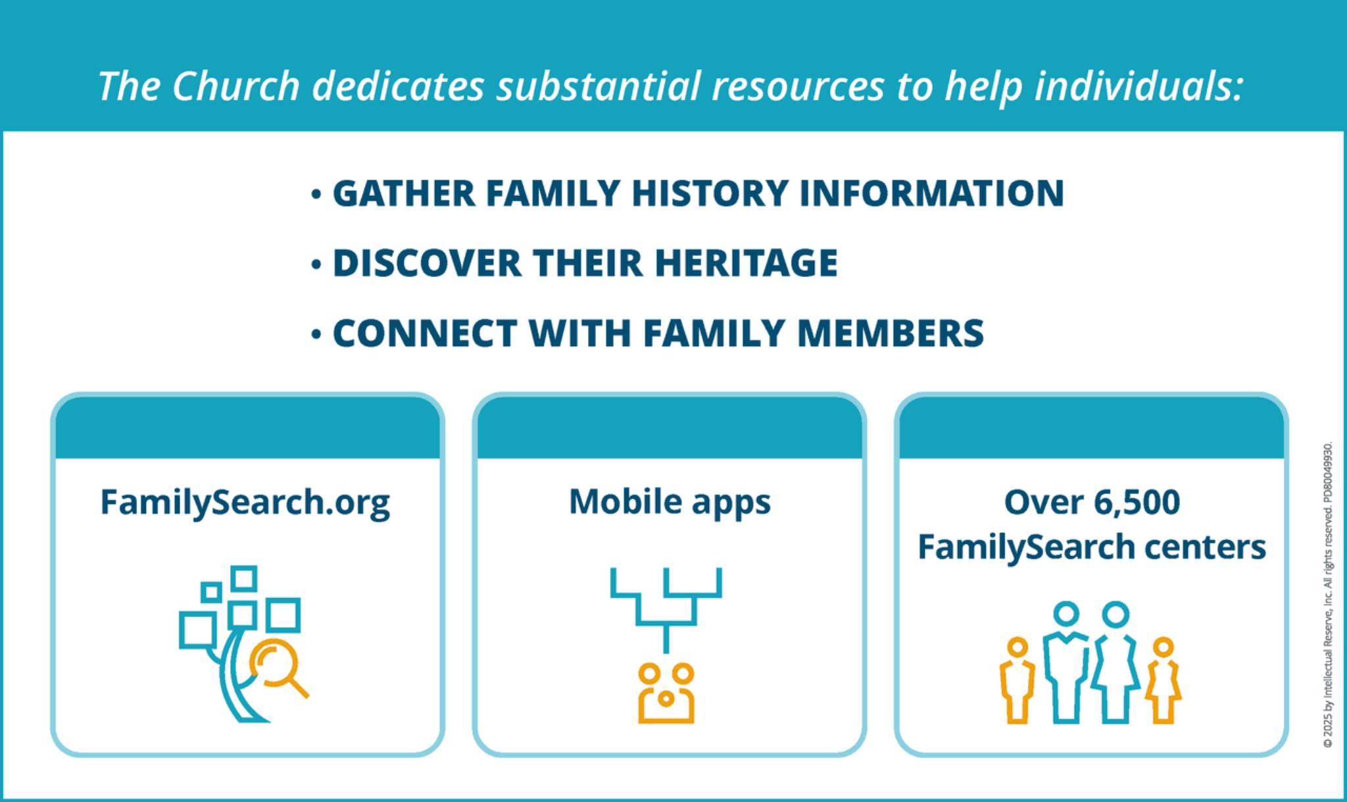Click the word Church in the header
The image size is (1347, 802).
coord(236,86)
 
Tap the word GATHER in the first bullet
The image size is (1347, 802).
coord(404,193)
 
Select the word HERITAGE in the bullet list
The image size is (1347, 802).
coord(746,263)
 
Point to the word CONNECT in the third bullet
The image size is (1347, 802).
coord(425,333)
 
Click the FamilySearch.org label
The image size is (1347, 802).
coord(245,503)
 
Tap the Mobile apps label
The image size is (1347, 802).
coord(670,503)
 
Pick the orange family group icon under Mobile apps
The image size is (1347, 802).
coord(666,693)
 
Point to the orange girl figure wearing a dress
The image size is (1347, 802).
coord(1163,680)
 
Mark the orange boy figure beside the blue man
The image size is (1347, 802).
coord(1017,680)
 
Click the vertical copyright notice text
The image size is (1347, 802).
coord(1328,595)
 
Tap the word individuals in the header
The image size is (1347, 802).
coord(1139,86)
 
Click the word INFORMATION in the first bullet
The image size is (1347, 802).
coord(931,193)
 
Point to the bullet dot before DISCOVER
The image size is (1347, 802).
coord(316,264)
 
